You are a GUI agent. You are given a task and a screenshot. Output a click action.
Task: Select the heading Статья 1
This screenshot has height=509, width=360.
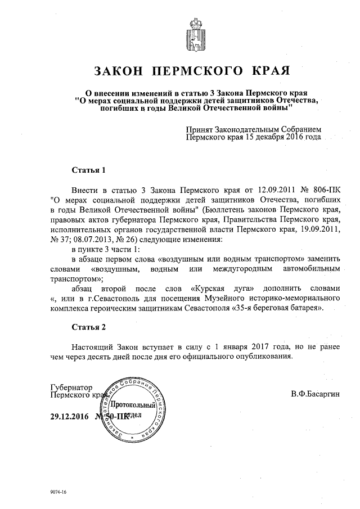[x=89, y=169]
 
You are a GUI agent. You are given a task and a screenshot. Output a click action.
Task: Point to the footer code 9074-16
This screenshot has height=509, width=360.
[x=58, y=492]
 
